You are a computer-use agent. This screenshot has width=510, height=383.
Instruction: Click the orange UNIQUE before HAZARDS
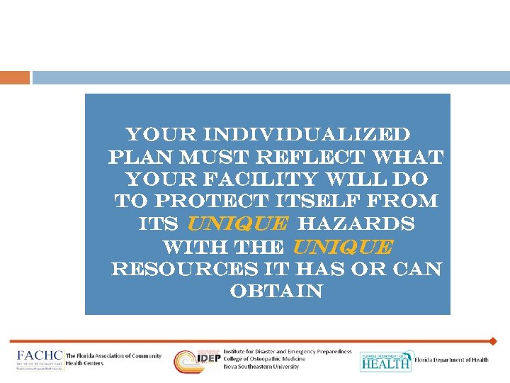click(x=237, y=224)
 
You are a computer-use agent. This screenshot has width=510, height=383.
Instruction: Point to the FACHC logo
click(x=40, y=360)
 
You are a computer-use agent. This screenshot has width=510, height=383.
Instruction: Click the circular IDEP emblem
click(x=188, y=361)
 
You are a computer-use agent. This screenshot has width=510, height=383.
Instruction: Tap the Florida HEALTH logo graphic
click(x=385, y=361)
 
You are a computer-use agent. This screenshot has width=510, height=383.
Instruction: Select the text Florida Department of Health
click(x=451, y=360)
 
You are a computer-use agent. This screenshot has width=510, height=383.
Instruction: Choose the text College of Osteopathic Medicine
click(x=265, y=360)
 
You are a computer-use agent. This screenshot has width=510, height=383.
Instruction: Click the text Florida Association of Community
click(x=113, y=356)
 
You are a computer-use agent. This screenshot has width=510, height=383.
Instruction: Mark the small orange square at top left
click(x=15, y=77)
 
